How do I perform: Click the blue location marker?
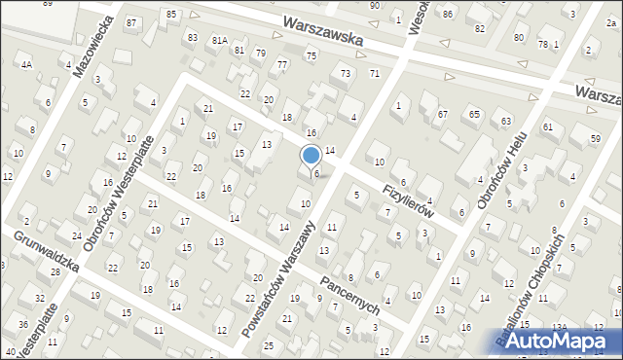pos(311,156)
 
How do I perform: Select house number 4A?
pos(27,64)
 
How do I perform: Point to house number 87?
pos(131,21)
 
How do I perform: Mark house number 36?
pos(22,324)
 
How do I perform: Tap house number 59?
pos(594,139)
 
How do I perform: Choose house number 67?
pos(442,114)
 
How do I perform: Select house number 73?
pos(345,73)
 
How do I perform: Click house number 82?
pos(479,28)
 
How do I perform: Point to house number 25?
pos(268,345)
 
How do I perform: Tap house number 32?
pos(39,298)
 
